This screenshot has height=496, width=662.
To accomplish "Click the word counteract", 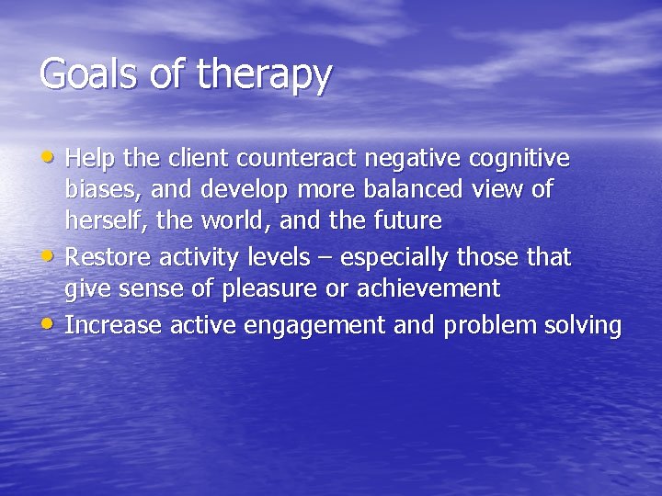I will click(298, 159).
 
